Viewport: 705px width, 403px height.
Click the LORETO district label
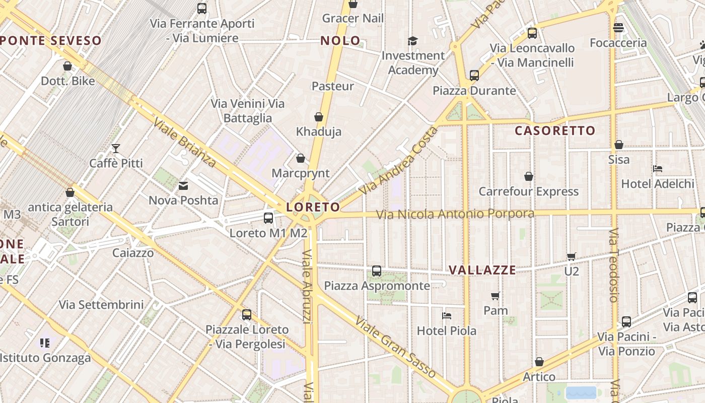[313, 207]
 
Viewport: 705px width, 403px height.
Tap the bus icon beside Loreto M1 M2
[268, 218]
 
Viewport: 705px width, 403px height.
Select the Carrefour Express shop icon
[529, 176]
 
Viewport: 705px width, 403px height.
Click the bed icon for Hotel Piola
[446, 316]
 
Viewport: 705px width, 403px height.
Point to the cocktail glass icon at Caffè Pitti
[116, 148]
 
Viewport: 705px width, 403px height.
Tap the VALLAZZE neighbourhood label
[482, 270]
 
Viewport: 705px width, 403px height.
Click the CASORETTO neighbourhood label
[555, 131]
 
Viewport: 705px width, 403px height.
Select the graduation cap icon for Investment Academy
[413, 41]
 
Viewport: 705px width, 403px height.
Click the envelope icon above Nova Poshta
[183, 186]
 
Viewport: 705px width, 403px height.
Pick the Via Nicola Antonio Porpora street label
[456, 214]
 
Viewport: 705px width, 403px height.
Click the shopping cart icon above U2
[571, 257]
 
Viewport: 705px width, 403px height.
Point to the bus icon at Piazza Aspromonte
[377, 271]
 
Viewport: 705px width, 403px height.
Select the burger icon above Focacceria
[618, 28]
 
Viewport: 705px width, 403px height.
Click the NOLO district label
[340, 41]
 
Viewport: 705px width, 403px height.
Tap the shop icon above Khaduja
[319, 117]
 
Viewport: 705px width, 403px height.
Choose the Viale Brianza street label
[185, 143]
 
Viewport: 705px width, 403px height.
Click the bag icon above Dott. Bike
[67, 66]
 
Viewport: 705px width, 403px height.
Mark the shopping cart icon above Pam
[496, 296]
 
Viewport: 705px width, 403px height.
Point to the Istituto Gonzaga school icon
[45, 343]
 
